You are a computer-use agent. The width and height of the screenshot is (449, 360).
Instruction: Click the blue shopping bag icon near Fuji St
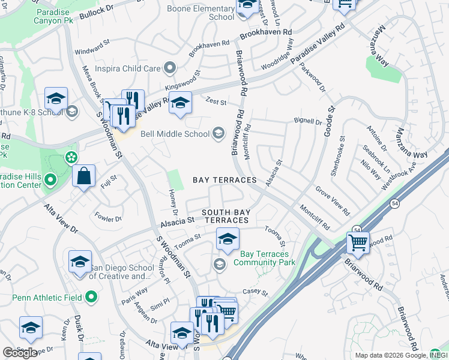tap(84, 176)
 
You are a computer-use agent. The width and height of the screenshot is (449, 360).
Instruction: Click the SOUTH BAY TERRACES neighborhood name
tap(225, 217)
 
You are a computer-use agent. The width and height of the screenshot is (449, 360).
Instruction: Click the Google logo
tap(20, 352)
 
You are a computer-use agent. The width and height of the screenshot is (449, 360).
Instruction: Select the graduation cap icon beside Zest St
tap(180, 103)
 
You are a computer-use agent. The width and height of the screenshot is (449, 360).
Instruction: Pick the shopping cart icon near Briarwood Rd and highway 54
tap(358, 243)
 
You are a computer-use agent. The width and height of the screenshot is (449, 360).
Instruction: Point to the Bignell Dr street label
tap(308, 122)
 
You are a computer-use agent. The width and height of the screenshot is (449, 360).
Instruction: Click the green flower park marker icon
tap(71, 158)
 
